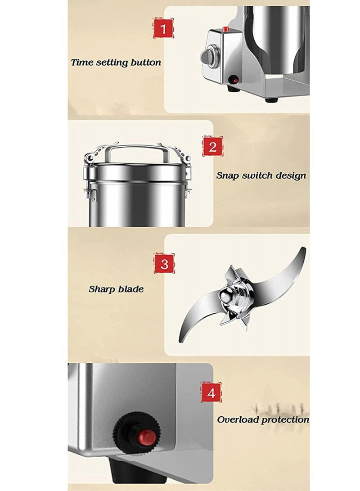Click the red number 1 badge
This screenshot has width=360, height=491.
163,28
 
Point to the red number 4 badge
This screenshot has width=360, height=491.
211,392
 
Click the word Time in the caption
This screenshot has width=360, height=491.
82,62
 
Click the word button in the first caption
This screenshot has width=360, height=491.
145,62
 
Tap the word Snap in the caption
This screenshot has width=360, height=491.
228,176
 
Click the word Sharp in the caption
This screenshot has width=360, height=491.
102,289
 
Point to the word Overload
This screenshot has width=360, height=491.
238,419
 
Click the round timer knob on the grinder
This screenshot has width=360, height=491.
208,56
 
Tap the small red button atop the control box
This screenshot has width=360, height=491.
225,29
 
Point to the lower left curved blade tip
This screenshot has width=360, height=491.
182,337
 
